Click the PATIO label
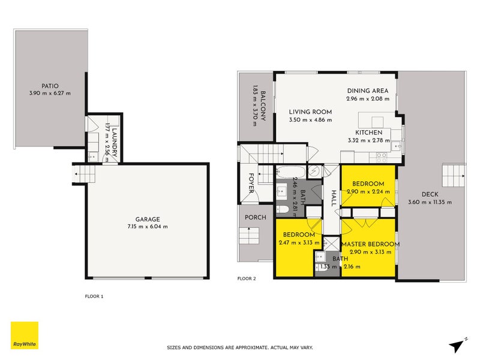coord(50,86)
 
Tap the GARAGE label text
coord(147,219)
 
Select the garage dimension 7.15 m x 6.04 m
coord(147,226)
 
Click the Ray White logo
coord(25,336)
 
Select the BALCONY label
coord(263,105)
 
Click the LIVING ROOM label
coord(310,112)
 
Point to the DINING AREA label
coord(367,91)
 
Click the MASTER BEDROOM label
coord(370,244)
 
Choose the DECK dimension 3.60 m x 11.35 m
coord(430,202)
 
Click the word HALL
coord(333,198)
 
